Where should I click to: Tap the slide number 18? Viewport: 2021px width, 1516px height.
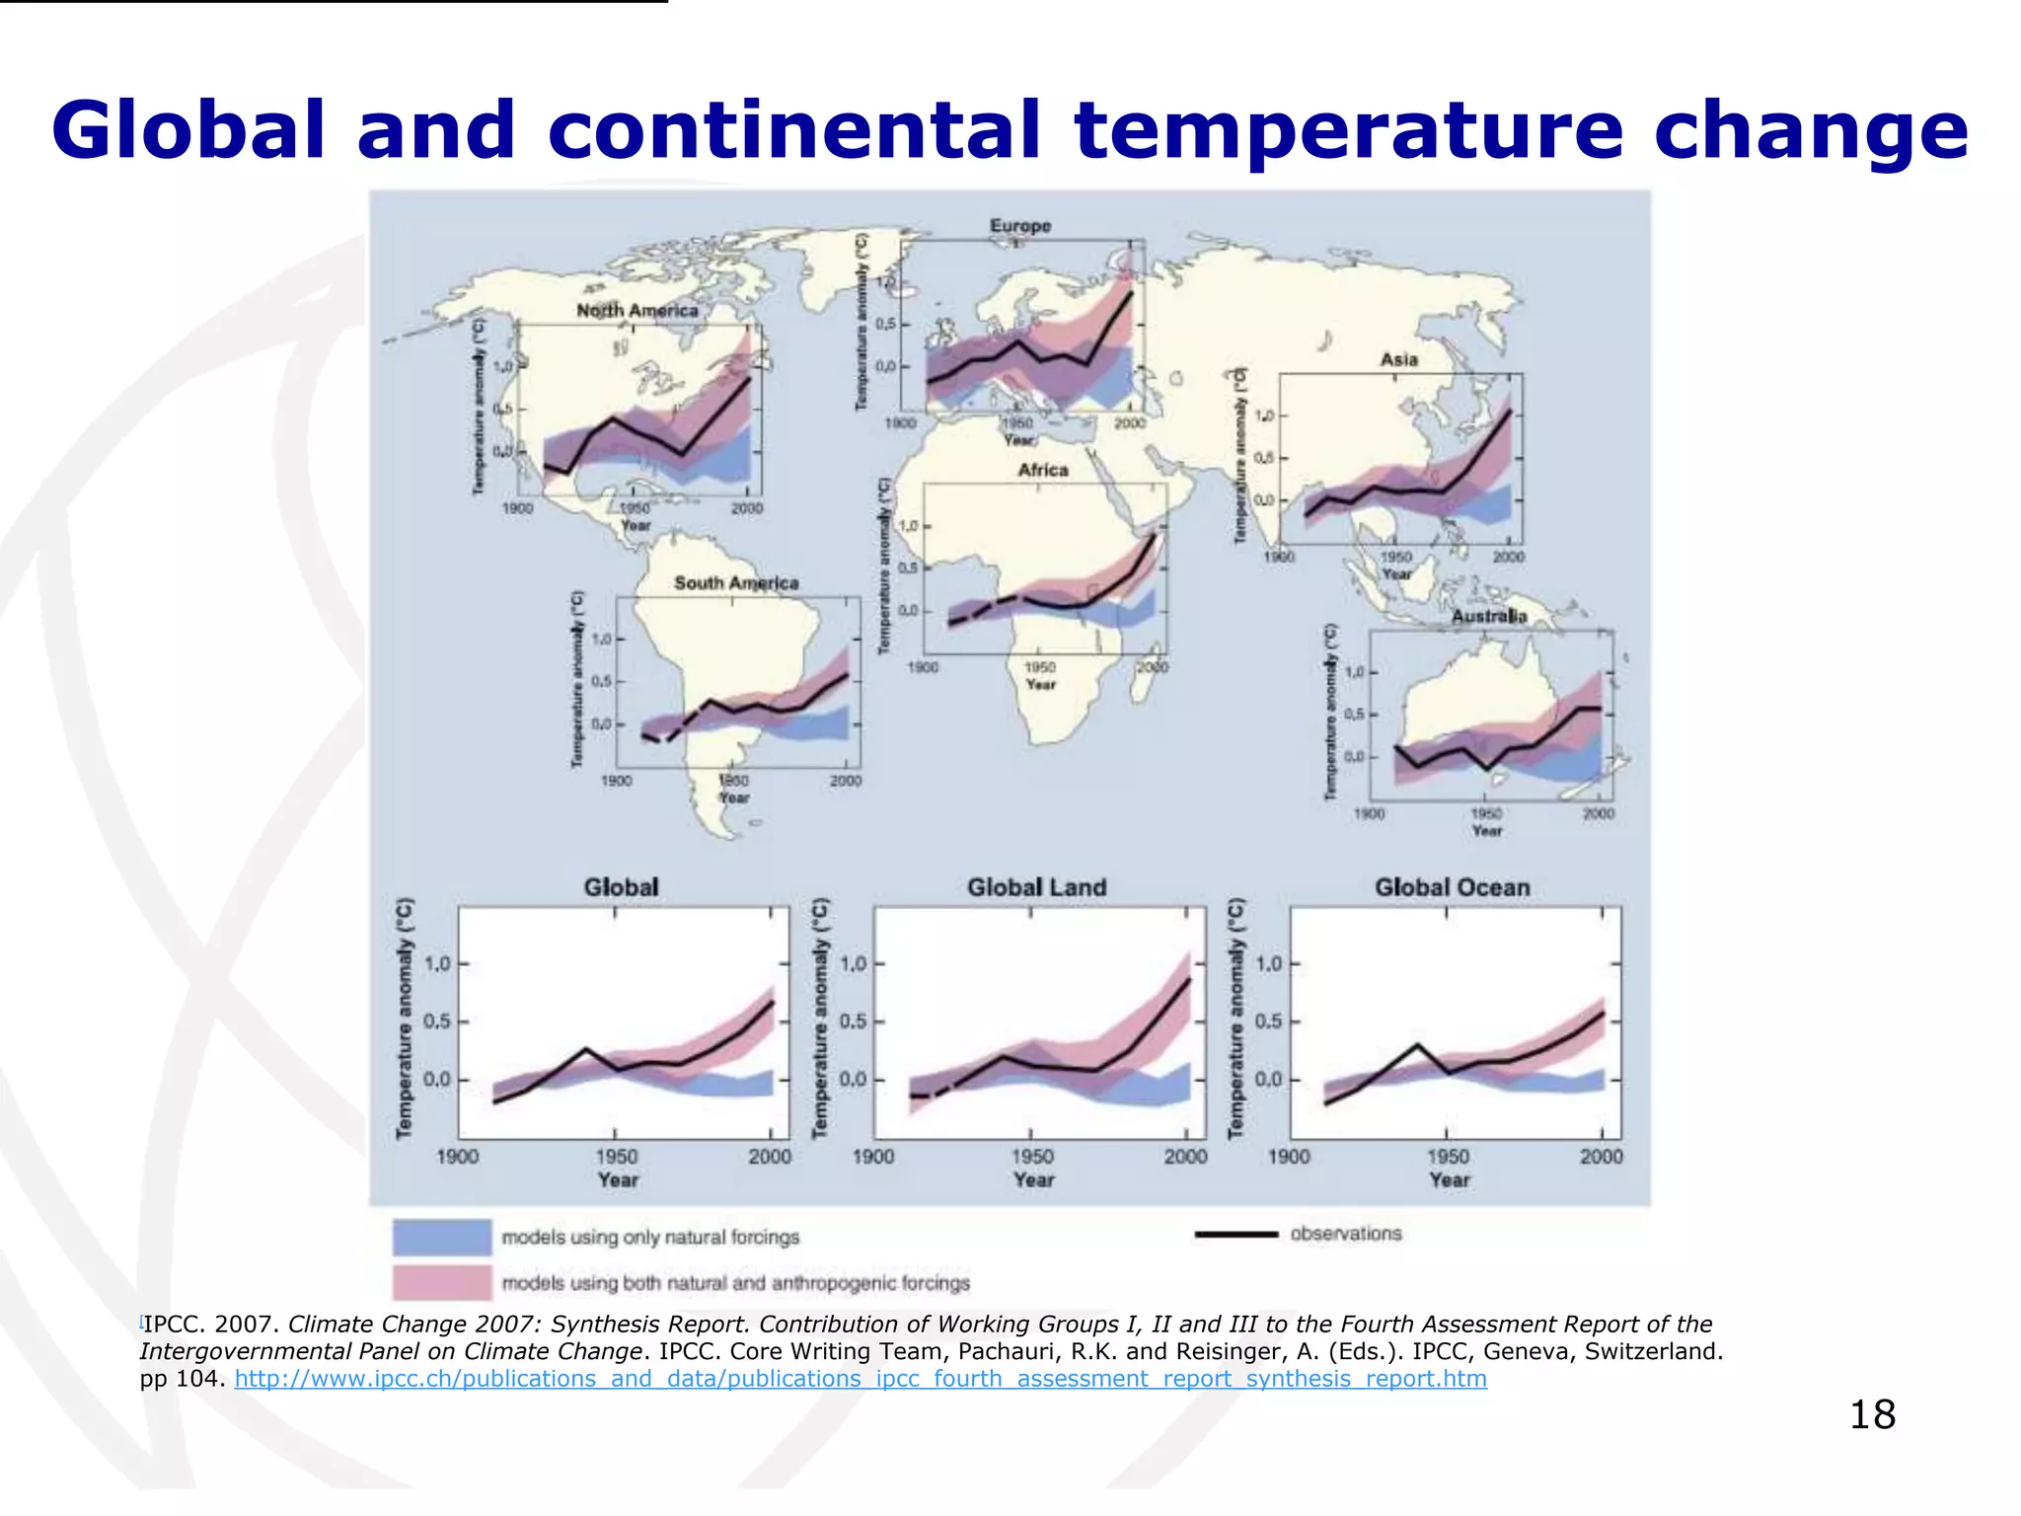(x=1871, y=1414)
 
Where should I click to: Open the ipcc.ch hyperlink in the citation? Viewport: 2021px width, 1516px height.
(x=860, y=1379)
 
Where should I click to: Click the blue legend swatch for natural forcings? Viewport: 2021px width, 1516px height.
(x=442, y=1237)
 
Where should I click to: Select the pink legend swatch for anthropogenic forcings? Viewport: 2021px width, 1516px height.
(x=442, y=1283)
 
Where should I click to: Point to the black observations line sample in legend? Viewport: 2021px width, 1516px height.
(x=1235, y=1234)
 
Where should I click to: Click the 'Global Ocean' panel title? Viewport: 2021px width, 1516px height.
(x=1452, y=887)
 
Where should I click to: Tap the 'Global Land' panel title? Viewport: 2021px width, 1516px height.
(x=1036, y=887)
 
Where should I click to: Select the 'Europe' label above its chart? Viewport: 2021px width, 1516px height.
(x=1020, y=226)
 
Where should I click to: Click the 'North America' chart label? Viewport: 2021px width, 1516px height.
(x=636, y=311)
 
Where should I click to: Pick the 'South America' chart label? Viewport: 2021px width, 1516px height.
(x=736, y=583)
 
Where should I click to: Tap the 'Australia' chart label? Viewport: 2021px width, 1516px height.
(x=1489, y=616)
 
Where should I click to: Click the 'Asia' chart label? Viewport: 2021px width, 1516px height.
(x=1398, y=360)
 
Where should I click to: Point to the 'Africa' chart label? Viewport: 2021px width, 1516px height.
(x=1043, y=471)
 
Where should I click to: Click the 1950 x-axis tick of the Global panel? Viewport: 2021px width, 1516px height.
(x=617, y=1157)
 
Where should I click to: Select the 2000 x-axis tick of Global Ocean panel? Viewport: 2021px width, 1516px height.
(x=1601, y=1157)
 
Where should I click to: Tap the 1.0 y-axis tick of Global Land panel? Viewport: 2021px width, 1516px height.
(x=853, y=963)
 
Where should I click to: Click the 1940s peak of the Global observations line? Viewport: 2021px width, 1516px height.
(x=586, y=1049)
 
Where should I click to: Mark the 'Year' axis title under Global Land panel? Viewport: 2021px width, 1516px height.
(x=1033, y=1180)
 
